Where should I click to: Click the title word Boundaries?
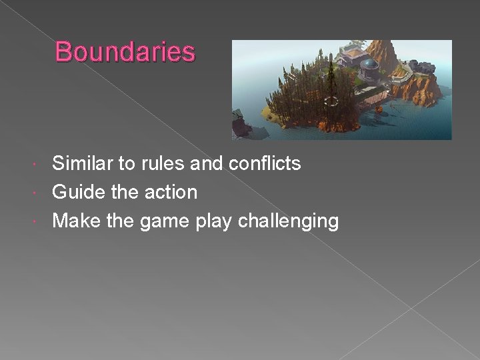coord(125,52)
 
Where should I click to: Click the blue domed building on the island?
coord(369,67)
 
